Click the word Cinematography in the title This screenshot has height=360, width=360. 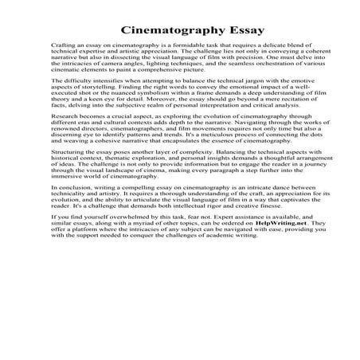pyautogui.click(x=163, y=31)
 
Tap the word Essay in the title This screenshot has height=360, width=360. pyautogui.click(x=221, y=31)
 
